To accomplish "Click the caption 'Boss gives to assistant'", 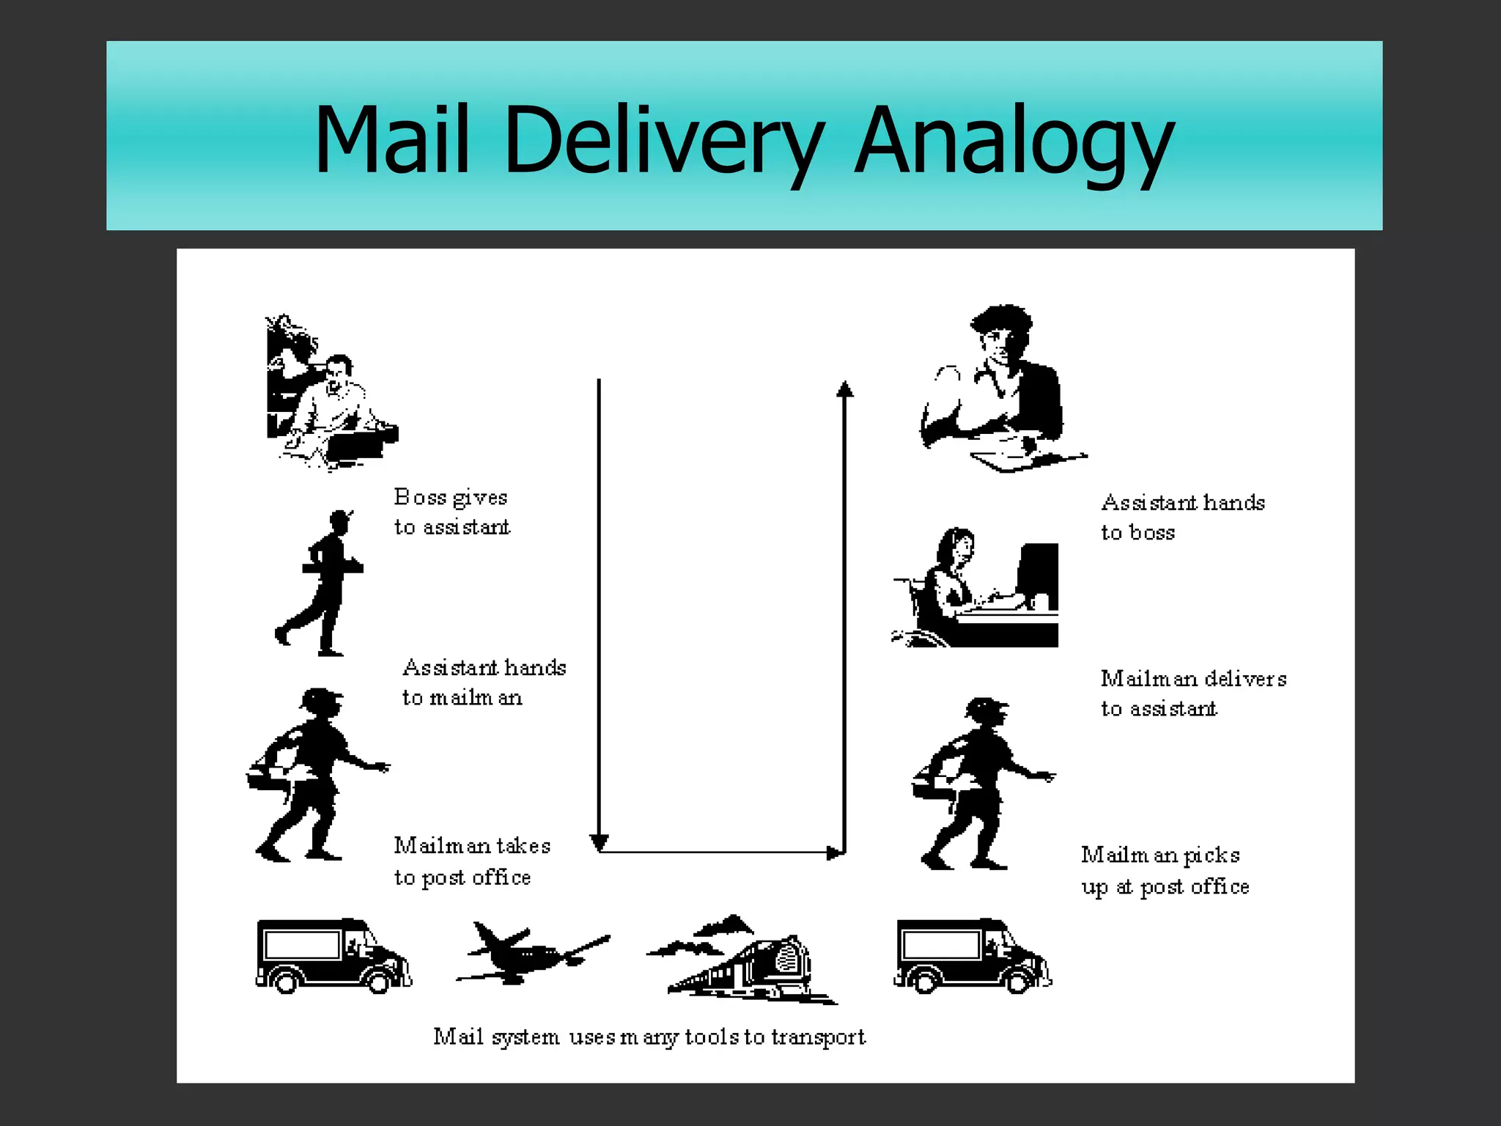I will pos(451,512).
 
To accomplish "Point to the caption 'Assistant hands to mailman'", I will pos(484,682).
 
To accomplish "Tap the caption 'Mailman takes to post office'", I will pos(472,861).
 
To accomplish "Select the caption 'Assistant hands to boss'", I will pos(1182,517).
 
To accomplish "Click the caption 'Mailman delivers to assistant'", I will pos(1193,693).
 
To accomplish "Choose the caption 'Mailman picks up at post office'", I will pos(1165,870).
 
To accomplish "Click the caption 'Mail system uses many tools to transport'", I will pos(649,1037).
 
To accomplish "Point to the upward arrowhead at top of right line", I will pos(845,389).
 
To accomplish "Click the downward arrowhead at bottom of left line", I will pos(599,843).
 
